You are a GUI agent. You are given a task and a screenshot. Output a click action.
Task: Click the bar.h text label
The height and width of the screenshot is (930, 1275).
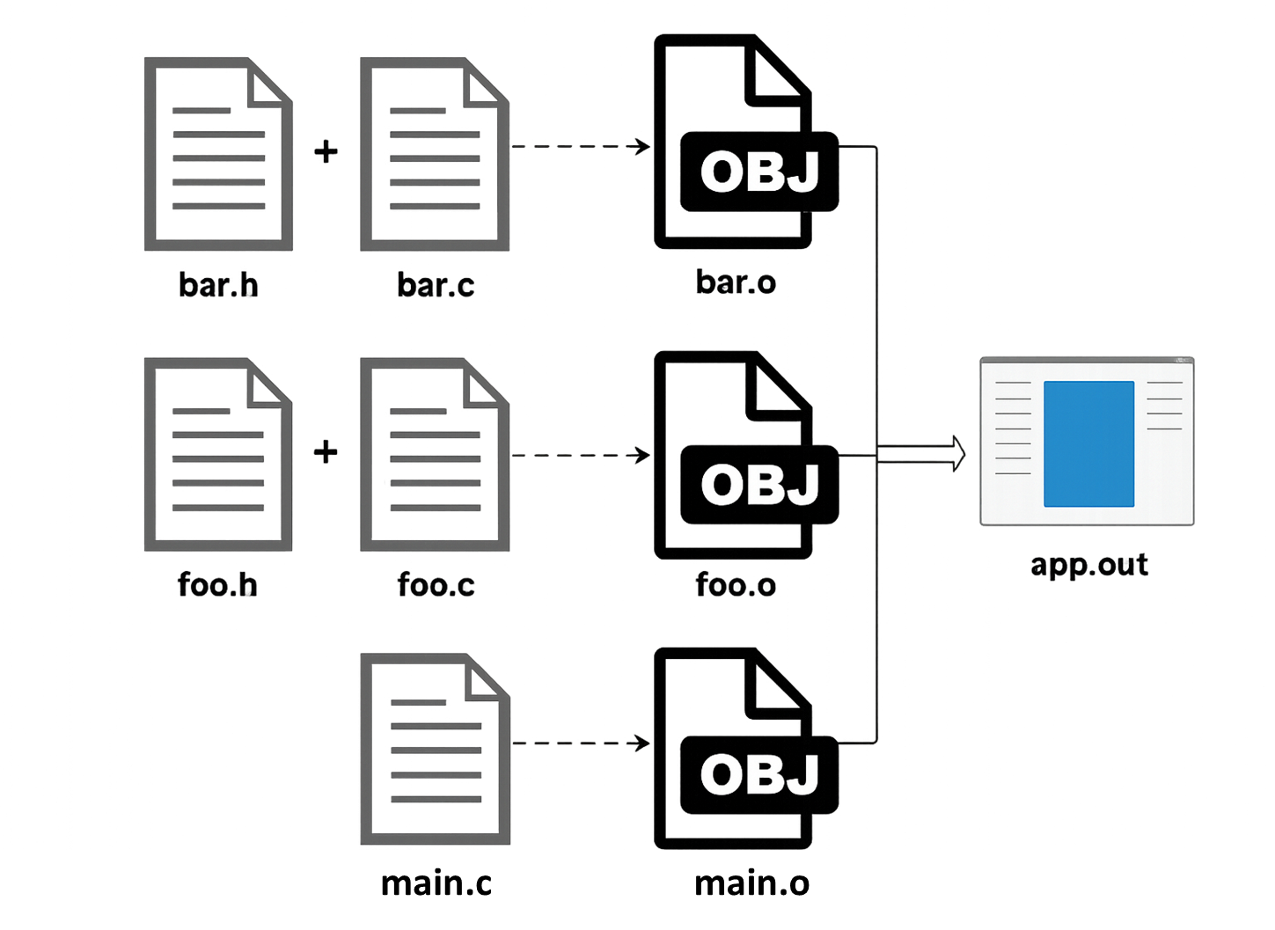coord(218,285)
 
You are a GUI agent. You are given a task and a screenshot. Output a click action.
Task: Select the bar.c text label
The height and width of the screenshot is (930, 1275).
coord(436,285)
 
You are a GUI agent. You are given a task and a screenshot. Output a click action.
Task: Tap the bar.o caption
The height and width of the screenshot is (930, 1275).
coord(736,283)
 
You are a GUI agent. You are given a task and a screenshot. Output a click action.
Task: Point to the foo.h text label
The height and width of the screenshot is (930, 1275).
coord(218,585)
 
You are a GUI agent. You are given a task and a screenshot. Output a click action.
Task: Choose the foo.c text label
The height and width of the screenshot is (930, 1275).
coord(436,585)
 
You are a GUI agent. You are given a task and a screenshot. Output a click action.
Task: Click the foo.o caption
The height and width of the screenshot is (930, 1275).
coord(736,585)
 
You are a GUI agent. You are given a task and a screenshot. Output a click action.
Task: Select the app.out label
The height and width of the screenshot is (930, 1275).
coord(1088,565)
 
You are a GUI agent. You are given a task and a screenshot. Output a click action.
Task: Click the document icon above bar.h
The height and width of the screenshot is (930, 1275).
coord(218,153)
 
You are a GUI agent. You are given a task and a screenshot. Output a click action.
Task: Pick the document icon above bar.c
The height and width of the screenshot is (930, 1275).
coord(435,153)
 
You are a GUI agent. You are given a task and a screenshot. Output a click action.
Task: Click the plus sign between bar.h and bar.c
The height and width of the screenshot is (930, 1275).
coord(326,153)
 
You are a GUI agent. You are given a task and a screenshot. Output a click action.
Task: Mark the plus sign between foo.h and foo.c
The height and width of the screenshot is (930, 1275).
coord(326,453)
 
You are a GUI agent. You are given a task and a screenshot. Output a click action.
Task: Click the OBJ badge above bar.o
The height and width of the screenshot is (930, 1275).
coord(758,172)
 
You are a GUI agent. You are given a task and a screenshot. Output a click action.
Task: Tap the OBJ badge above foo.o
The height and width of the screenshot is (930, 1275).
coord(758,485)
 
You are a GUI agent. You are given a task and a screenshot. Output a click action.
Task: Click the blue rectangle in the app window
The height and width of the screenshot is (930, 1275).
coord(1088,443)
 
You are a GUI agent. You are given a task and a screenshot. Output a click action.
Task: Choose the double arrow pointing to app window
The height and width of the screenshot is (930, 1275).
coord(924,454)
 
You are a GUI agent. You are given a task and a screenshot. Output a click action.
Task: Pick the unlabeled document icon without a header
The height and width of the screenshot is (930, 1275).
coord(435,750)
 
